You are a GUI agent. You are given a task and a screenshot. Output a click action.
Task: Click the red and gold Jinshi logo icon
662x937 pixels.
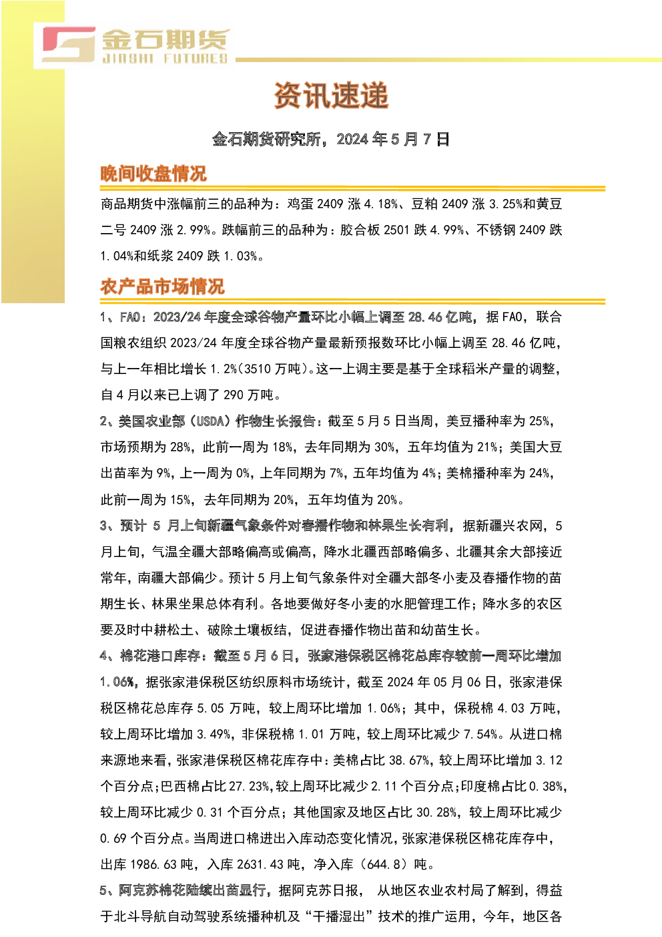tap(69, 44)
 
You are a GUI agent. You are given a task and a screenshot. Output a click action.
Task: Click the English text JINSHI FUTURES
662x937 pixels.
tap(165, 58)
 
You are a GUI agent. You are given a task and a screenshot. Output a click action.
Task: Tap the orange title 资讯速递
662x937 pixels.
tap(332, 96)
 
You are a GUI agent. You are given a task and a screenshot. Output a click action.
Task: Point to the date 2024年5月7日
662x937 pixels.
tap(393, 140)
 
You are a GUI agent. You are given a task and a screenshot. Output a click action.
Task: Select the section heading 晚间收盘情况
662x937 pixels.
tap(153, 174)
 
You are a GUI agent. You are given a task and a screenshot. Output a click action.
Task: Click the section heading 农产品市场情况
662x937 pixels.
tap(162, 287)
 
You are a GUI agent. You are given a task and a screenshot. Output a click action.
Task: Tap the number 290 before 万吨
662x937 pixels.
tap(233, 395)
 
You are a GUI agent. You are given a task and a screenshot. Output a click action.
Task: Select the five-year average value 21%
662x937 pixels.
tap(487, 447)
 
